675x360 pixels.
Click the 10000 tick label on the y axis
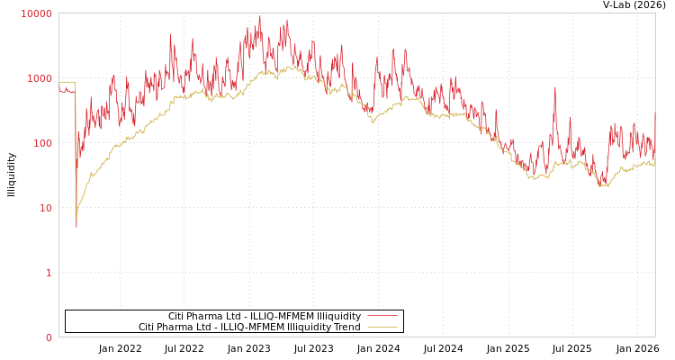coord(37,13)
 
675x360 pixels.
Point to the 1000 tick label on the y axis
coord(40,78)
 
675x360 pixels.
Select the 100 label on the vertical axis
coord(42,143)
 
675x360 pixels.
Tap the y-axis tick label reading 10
coord(45,208)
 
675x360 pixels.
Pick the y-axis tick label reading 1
coord(49,273)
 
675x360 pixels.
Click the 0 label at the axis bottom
coord(49,337)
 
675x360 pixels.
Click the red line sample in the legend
coord(382,316)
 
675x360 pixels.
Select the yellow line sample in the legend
coord(382,327)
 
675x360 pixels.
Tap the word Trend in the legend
coord(346,327)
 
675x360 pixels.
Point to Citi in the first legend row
coord(178,316)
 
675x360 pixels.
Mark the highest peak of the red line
coord(260,15)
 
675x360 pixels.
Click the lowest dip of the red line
coord(76,227)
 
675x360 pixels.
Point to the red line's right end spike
coord(654,112)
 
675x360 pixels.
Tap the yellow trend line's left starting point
coord(59,82)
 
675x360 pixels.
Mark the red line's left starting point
coord(59,87)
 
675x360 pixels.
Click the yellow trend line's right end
coord(654,165)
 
